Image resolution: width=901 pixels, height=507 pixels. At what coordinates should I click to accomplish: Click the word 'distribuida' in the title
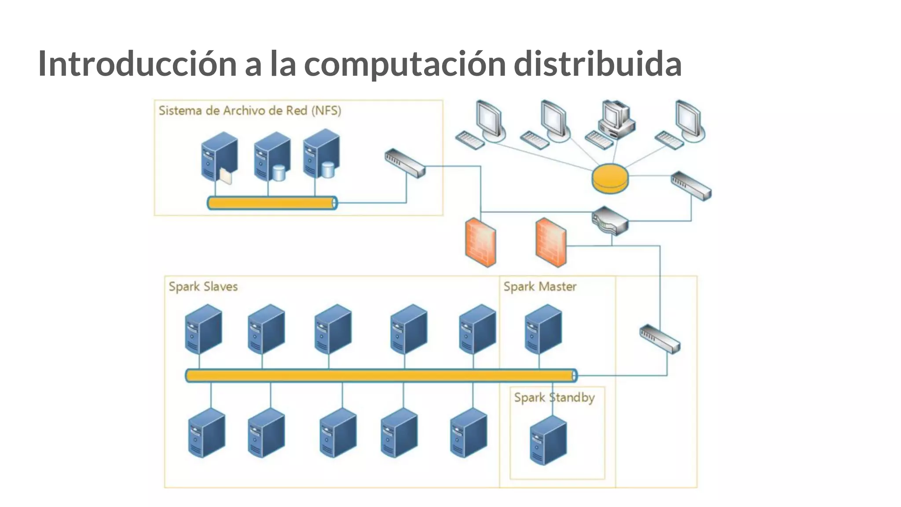597,64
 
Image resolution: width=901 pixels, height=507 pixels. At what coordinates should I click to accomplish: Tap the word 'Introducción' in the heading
137,64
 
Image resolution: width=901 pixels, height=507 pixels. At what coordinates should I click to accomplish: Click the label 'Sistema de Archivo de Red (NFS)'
249,110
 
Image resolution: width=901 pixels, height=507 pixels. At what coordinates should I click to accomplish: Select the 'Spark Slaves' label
203,287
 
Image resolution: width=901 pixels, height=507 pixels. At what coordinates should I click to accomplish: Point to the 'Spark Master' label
539,287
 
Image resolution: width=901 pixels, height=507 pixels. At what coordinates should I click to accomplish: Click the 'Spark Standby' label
554,397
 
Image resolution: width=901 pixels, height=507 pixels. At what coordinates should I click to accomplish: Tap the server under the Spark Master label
543,329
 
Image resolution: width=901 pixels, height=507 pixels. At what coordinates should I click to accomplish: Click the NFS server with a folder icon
219,158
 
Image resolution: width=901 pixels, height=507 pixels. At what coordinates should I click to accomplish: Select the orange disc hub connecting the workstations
610,178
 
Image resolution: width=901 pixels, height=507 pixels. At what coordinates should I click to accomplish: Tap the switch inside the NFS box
405,163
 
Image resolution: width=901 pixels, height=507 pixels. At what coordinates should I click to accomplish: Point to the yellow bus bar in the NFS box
272,203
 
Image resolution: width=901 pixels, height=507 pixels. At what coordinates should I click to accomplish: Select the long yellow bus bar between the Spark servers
381,375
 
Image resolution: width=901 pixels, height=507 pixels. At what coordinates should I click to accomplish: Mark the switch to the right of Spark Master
659,339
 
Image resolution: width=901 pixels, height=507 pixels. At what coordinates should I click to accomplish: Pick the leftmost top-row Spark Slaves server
203,329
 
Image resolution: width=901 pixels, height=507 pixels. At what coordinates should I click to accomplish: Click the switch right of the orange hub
691,186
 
